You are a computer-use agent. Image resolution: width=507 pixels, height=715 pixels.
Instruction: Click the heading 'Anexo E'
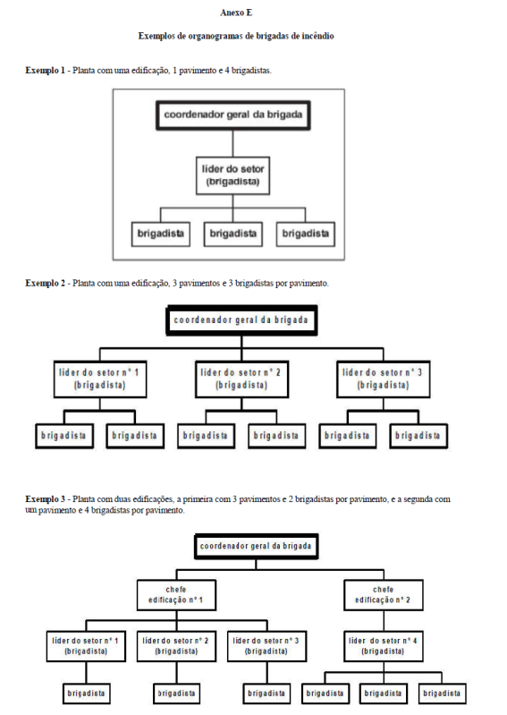pyautogui.click(x=236, y=13)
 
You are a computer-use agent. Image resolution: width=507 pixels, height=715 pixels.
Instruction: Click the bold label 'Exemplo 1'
pyautogui.click(x=45, y=71)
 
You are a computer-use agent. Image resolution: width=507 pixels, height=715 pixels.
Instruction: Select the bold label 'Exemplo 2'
pyautogui.click(x=45, y=283)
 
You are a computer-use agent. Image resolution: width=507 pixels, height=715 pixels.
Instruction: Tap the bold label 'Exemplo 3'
pyautogui.click(x=45, y=499)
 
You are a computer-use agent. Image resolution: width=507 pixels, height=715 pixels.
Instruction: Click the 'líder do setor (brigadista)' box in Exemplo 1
pyautogui.click(x=232, y=175)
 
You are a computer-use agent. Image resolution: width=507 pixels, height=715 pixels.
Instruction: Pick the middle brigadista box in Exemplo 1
pyautogui.click(x=232, y=234)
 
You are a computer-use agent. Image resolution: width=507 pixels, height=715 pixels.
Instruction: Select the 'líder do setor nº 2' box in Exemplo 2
pyautogui.click(x=241, y=379)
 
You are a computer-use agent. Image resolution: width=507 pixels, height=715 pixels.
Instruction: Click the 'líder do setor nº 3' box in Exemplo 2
pyautogui.click(x=383, y=379)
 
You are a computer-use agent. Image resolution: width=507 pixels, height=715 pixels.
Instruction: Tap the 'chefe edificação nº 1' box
pyautogui.click(x=176, y=595)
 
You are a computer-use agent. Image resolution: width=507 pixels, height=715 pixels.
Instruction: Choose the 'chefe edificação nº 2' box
pyautogui.click(x=383, y=595)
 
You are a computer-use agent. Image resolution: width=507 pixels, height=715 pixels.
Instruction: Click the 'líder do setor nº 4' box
pyautogui.click(x=383, y=646)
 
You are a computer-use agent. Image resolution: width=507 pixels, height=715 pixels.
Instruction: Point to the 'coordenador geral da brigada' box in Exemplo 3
pyautogui.click(x=256, y=546)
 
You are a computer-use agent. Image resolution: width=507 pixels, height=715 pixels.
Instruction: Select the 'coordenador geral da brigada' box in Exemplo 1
pyautogui.click(x=232, y=115)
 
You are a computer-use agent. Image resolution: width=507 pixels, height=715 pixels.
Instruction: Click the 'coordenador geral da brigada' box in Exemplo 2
pyautogui.click(x=241, y=320)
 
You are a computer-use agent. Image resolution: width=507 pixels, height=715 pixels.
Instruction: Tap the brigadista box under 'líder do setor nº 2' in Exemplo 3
pyautogui.click(x=176, y=694)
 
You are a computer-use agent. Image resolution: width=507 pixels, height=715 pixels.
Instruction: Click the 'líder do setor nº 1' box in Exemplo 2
pyautogui.click(x=100, y=379)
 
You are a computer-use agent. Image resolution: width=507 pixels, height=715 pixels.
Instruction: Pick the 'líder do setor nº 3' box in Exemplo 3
pyautogui.click(x=266, y=646)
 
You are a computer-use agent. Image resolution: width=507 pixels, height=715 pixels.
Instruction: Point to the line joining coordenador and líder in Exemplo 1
pyautogui.click(x=232, y=144)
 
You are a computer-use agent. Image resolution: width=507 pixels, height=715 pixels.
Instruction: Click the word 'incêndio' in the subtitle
pyautogui.click(x=317, y=36)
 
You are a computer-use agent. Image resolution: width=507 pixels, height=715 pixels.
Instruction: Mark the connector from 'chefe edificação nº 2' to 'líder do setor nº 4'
pyautogui.click(x=384, y=621)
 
